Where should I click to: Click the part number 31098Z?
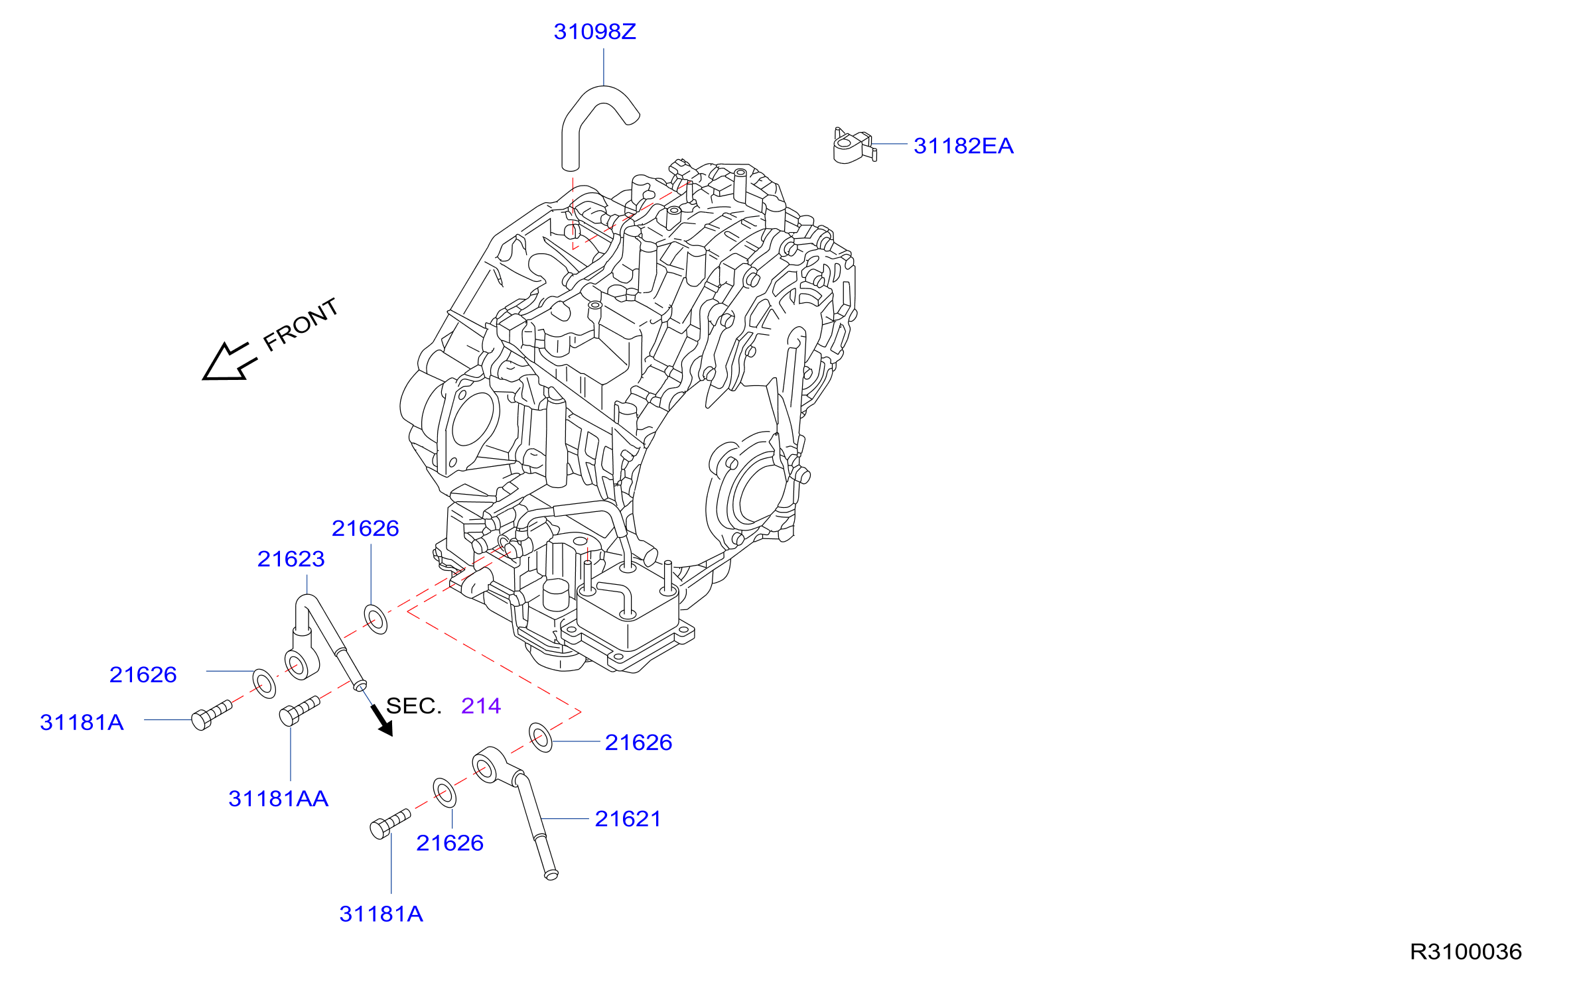(594, 32)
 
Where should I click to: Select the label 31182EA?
(963, 146)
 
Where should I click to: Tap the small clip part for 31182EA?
(855, 146)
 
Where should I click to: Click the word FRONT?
(301, 324)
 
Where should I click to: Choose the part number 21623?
(291, 559)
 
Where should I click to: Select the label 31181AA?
(278, 798)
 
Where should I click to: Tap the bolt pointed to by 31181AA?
(300, 710)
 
